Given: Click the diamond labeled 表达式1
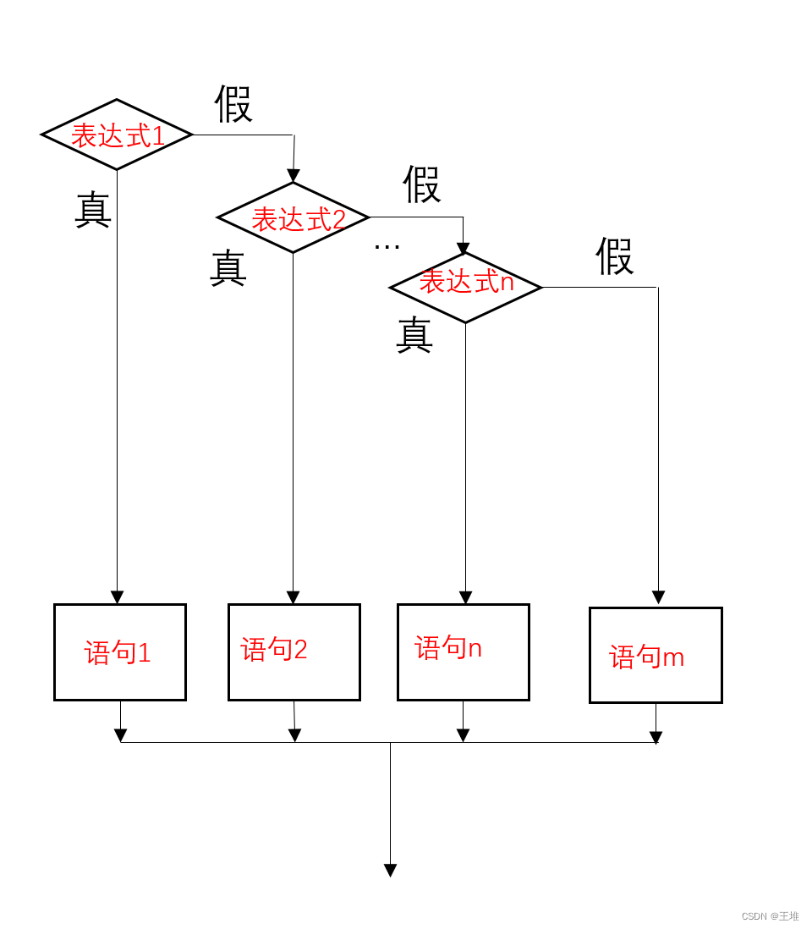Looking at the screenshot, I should point(118,135).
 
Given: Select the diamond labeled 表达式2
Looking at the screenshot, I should point(294,217).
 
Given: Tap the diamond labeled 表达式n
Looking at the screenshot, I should point(465,287).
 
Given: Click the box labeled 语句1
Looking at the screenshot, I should point(120,651).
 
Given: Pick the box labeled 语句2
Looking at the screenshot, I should point(294,651).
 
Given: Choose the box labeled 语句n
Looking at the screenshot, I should point(464,651).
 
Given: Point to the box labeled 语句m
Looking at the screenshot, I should point(656,655).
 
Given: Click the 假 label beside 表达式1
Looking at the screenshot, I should point(233,104).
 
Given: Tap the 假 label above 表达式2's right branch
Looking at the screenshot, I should point(421,184).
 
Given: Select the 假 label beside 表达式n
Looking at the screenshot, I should point(615,256).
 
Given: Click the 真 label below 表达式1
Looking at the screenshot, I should point(93,210).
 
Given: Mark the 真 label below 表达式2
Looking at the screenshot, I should point(228,268).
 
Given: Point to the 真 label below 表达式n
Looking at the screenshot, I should point(414,334).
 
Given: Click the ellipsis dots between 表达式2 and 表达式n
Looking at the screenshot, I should point(387,246).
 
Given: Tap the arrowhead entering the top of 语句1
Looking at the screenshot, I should point(117,596).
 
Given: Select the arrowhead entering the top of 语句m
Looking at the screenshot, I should point(658,597).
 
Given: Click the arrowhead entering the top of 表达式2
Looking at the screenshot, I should point(293,175).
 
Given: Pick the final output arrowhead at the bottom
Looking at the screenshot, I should point(390,870).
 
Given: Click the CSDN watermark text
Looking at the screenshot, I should point(770,916).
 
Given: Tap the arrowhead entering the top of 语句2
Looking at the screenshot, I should point(294,596).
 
